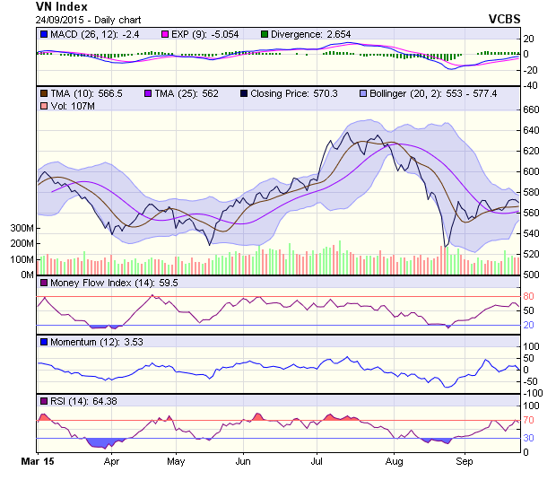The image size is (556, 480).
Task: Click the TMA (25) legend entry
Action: click(x=179, y=93)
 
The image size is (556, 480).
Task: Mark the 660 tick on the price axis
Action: click(x=533, y=109)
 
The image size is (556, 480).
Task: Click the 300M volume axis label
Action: click(x=21, y=229)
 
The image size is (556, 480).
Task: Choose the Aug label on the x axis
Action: click(x=393, y=462)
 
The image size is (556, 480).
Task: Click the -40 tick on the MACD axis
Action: click(x=531, y=85)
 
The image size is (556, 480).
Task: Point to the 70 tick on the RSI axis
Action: click(x=529, y=420)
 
